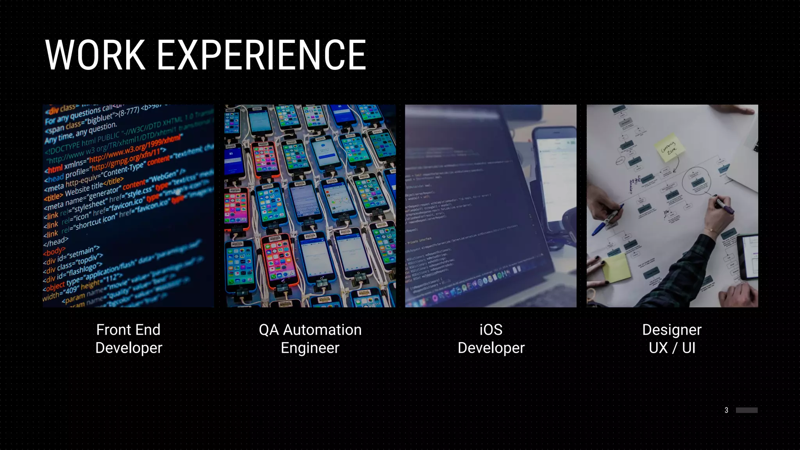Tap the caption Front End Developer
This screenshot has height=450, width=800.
click(x=129, y=339)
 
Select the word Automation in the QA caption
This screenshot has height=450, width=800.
click(x=322, y=330)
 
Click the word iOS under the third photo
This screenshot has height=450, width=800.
click(x=491, y=330)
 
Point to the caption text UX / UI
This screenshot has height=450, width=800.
click(x=672, y=348)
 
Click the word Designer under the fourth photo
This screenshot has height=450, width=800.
click(x=672, y=330)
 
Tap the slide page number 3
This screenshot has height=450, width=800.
click(x=726, y=410)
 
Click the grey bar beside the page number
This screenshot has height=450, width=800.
click(x=746, y=410)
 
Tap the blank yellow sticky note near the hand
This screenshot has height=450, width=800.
click(x=616, y=268)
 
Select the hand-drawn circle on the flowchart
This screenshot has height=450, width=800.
click(x=696, y=181)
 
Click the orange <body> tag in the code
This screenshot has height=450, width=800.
click(x=54, y=251)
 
